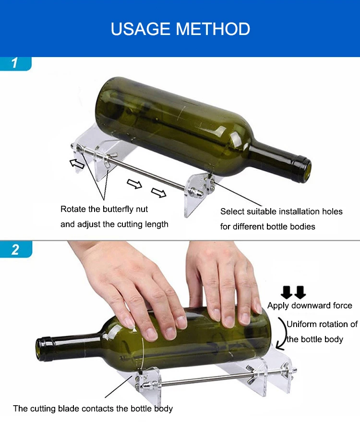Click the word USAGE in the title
(141, 29)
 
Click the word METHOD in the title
(213, 29)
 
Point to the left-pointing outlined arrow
(77, 164)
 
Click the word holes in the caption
(331, 211)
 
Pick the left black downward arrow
(287, 292)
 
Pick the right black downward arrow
(300, 292)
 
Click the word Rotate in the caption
(73, 209)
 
